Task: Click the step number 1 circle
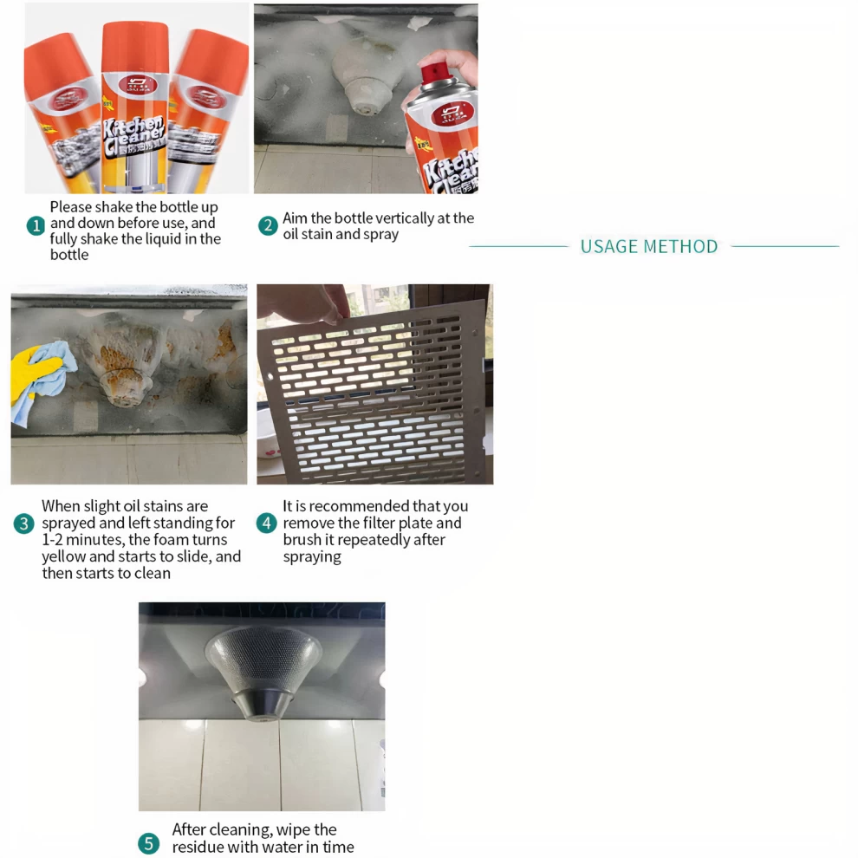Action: pyautogui.click(x=36, y=225)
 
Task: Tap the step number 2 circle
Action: pyautogui.click(x=268, y=225)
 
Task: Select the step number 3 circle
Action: pyautogui.click(x=23, y=523)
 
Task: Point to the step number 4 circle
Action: pyautogui.click(x=266, y=523)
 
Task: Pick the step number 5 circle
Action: pyautogui.click(x=148, y=843)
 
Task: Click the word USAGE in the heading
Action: pyautogui.click(x=608, y=247)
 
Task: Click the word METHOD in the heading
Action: pyautogui.click(x=680, y=247)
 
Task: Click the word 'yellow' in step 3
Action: pyautogui.click(x=63, y=556)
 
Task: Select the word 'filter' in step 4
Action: pyautogui.click(x=379, y=523)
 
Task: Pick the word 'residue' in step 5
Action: pyautogui.click(x=198, y=847)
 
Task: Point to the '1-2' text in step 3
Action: pyautogui.click(x=52, y=540)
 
